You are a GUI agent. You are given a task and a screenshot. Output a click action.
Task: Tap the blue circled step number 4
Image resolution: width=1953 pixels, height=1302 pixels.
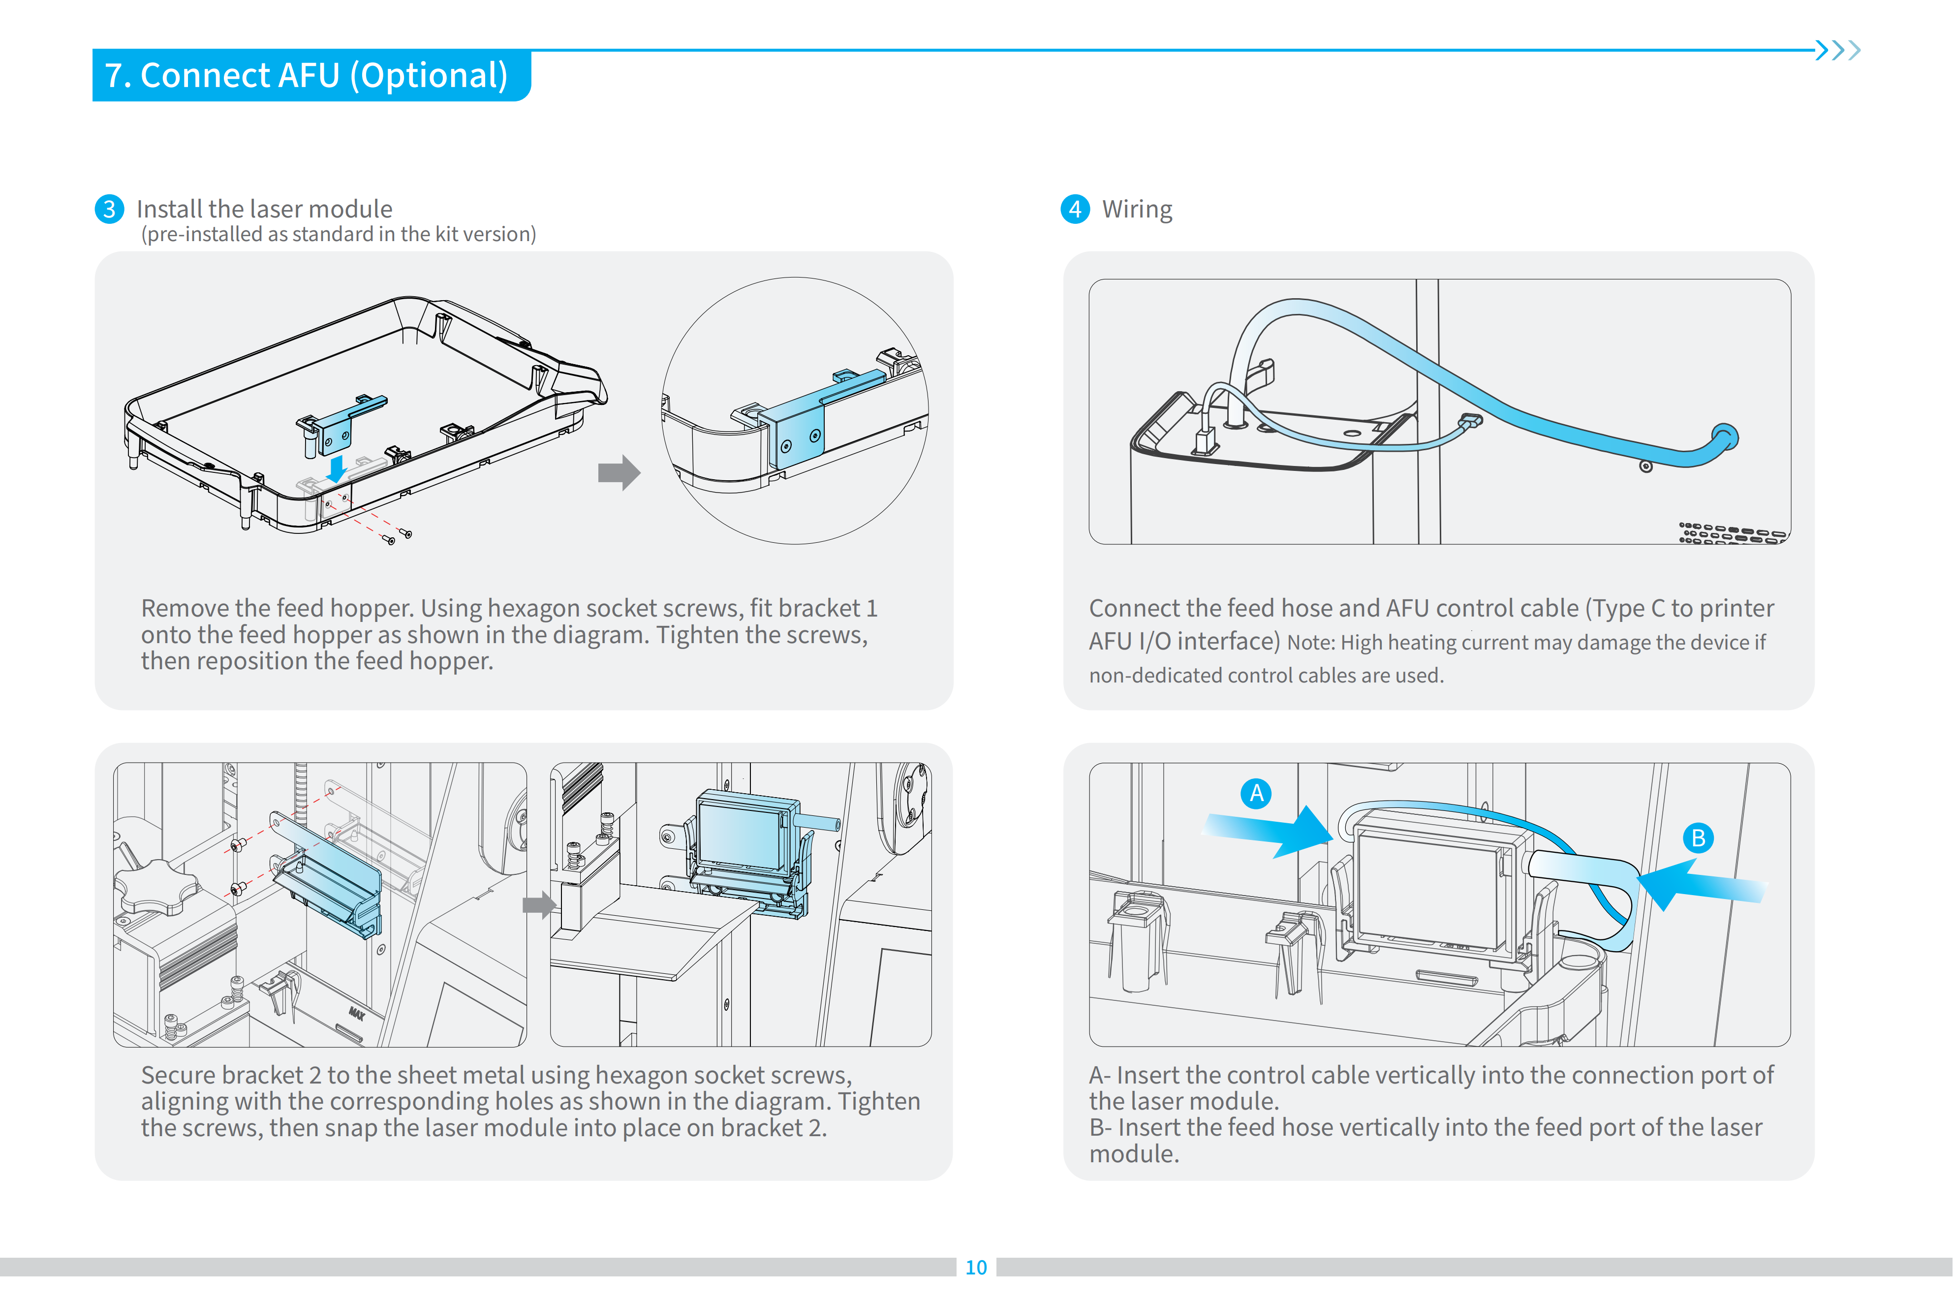click(x=1075, y=209)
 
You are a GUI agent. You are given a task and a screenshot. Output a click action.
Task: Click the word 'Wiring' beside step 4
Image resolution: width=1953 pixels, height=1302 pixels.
click(x=1137, y=209)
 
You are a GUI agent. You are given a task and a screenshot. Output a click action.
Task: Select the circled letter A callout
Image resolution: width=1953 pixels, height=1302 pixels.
click(x=1256, y=793)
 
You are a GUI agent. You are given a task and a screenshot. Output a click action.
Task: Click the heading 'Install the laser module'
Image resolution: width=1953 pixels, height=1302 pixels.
click(x=264, y=209)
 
